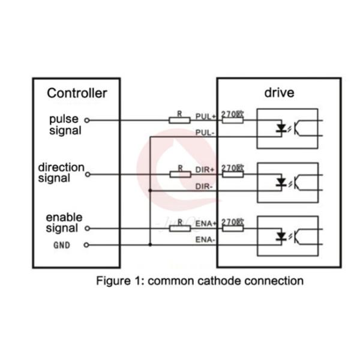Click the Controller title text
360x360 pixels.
pos(77,93)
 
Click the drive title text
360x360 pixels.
pos(279,93)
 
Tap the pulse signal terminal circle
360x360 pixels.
pos(87,120)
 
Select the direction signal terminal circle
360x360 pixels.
pos(87,175)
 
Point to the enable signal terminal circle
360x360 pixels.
pos(87,229)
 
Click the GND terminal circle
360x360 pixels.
pos(87,245)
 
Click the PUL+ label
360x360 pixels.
pos(206,116)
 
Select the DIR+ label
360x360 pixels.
pos(206,170)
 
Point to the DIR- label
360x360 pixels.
pos(205,185)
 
